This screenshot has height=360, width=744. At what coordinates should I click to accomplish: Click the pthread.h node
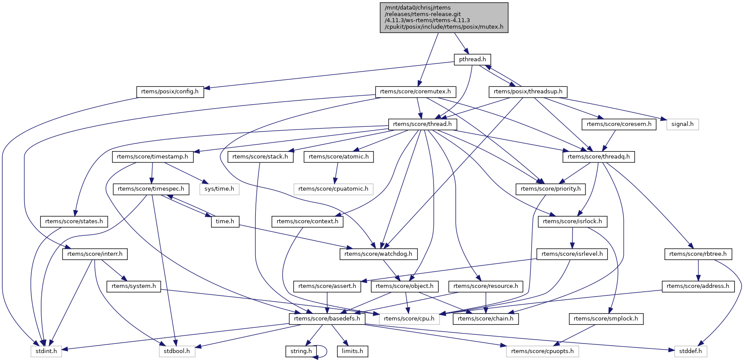click(472, 59)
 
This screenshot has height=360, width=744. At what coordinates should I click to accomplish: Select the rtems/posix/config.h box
click(170, 92)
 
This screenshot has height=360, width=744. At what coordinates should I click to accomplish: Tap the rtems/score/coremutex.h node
click(416, 92)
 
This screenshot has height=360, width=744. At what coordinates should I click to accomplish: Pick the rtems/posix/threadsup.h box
click(528, 92)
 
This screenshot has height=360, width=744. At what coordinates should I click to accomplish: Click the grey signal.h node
click(682, 124)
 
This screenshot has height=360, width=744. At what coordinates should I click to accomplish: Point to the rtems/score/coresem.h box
click(619, 124)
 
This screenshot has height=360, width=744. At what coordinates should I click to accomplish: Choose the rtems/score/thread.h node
click(422, 124)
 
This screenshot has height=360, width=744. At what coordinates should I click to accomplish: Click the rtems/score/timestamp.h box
click(152, 157)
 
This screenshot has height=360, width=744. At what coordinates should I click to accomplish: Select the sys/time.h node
click(219, 189)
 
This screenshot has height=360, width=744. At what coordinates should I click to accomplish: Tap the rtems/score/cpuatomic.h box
click(333, 189)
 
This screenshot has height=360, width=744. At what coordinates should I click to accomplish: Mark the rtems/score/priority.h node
click(550, 189)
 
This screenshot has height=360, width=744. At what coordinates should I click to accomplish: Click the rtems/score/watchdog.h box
click(378, 254)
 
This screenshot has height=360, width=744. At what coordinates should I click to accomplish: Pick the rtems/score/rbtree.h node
click(698, 254)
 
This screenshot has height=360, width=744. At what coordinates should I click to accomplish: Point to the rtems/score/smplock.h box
click(606, 319)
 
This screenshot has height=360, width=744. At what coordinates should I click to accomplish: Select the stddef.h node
click(691, 351)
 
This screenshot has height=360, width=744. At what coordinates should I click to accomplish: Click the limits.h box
click(352, 351)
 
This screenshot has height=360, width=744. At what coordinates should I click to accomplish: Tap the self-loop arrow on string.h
click(324, 351)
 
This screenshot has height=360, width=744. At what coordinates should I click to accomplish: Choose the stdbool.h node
click(177, 351)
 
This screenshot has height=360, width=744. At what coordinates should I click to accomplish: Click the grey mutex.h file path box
click(444, 17)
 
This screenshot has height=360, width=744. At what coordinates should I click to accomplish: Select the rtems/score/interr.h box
click(95, 254)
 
